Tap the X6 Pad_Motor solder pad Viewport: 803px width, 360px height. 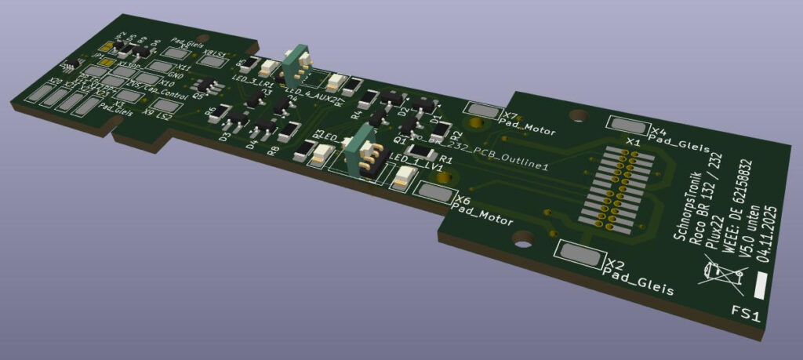[435, 192]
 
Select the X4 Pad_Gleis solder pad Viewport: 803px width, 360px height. [626, 124]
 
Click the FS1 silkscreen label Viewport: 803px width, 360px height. [747, 315]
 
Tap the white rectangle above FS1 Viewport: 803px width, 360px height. [760, 283]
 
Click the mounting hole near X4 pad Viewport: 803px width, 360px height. [578, 116]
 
